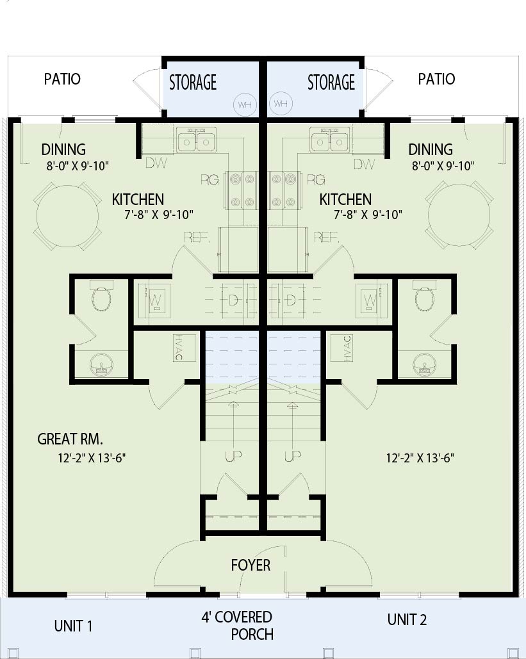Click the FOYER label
[x=251, y=565]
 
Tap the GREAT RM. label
[x=70, y=439]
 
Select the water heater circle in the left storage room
[x=245, y=104]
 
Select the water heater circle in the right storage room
[x=281, y=103]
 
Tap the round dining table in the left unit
[x=68, y=215]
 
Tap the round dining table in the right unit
[x=459, y=215]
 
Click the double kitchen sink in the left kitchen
[x=195, y=140]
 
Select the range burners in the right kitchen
[x=284, y=190]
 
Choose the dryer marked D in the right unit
[x=289, y=300]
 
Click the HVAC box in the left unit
[x=185, y=348]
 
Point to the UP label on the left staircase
[x=233, y=456]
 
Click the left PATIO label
[x=62, y=79]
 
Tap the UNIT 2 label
[x=407, y=619]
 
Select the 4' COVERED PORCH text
[x=237, y=625]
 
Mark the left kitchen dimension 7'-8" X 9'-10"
[x=159, y=215]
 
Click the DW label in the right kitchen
[x=364, y=164]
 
